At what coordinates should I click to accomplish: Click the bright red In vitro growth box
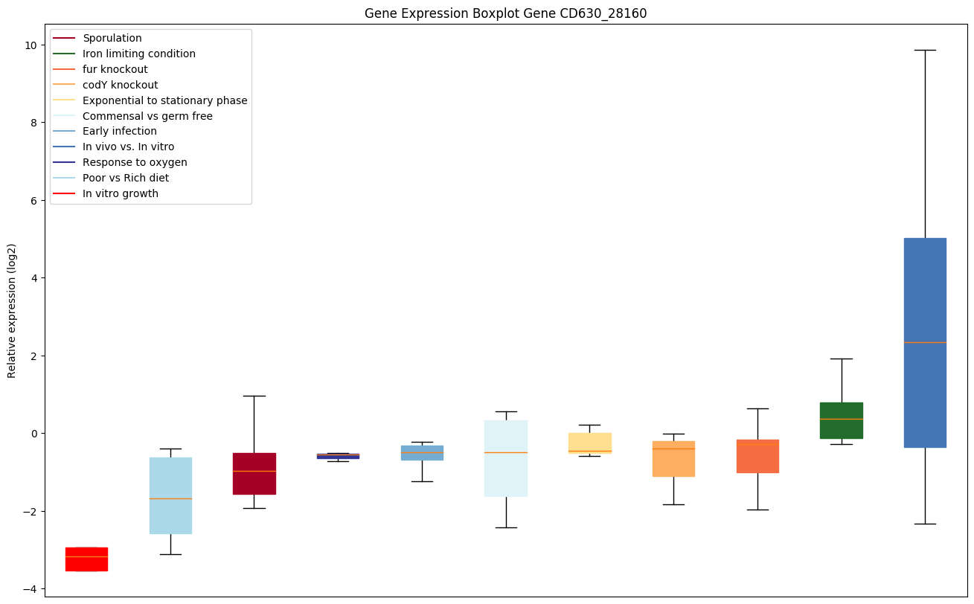click(86, 559)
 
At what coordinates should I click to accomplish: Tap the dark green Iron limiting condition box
click(841, 420)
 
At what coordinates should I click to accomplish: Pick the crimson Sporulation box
click(254, 473)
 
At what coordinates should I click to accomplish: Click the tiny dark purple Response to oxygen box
click(338, 456)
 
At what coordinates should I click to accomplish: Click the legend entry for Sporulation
click(112, 38)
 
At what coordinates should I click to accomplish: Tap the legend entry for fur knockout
click(115, 69)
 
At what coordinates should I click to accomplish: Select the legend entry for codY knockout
click(121, 85)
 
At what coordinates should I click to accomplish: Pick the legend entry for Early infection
click(120, 132)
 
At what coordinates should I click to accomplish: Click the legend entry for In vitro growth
click(121, 194)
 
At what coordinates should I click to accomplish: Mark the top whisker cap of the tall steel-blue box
click(925, 50)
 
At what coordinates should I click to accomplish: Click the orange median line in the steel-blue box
click(925, 342)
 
